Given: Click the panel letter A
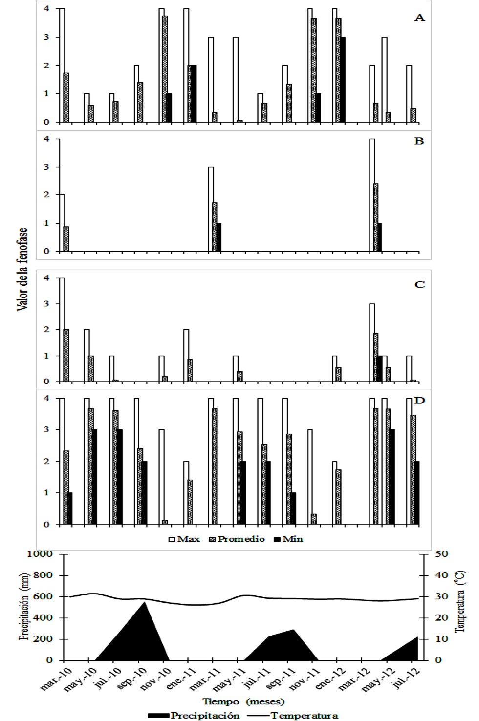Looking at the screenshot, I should point(419,18).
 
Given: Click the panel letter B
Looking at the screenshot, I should point(419,141).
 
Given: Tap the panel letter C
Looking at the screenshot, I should point(419,285).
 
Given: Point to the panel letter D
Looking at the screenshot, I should point(419,401).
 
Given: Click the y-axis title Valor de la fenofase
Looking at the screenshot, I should point(22,269).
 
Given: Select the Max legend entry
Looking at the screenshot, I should point(184,539).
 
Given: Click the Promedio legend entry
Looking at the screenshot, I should point(237,539).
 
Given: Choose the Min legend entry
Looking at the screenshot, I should point(288,539).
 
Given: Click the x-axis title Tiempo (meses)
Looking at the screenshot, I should point(243,701).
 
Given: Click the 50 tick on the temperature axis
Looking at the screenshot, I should point(441,554).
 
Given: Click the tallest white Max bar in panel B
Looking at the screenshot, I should point(372,195).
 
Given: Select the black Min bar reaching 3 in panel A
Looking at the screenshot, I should point(343,80).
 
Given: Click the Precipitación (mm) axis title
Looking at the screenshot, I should point(23,607).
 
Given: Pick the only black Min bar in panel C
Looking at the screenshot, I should point(379,368).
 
